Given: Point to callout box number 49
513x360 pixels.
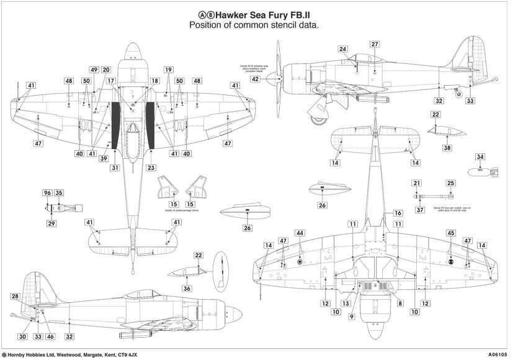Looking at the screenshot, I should tap(94, 70).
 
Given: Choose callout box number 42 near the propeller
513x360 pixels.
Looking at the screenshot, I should tap(255, 79).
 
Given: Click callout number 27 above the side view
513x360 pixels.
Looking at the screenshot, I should tap(374, 45).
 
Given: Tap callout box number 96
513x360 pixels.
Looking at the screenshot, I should tap(47, 193).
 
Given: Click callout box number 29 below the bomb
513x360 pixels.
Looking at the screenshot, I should tap(51, 223).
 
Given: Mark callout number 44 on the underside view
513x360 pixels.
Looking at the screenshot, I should tap(300, 233).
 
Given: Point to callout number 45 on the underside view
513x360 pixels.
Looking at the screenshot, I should tap(451, 233).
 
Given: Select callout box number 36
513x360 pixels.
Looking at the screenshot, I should tap(187, 288).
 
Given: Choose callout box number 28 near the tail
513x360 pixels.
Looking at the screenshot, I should tap(15, 297).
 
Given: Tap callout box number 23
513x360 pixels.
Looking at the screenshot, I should tap(151, 168).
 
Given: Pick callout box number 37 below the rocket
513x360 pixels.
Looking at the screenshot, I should tap(420, 210).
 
